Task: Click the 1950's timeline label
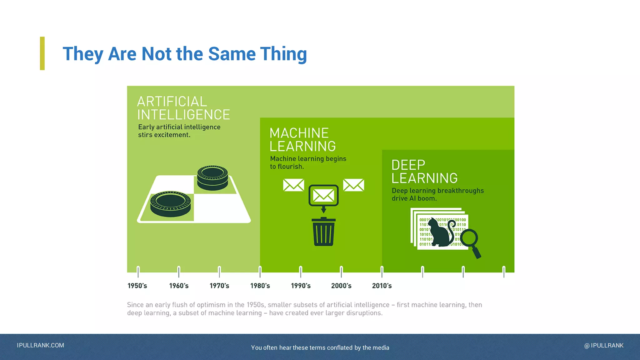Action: [137, 286]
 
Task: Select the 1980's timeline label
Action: [260, 286]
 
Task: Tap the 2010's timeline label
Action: [382, 286]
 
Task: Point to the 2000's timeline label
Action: [341, 286]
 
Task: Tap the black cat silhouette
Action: [439, 233]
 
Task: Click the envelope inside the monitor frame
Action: [323, 196]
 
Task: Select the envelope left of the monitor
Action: [293, 185]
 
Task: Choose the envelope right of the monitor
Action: [353, 185]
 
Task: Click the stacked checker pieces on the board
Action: [212, 178]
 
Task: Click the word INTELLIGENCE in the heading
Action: [183, 115]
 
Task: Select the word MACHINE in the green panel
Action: [299, 133]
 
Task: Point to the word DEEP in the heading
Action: [408, 165]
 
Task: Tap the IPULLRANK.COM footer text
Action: [40, 345]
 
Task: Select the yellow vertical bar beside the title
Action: [42, 53]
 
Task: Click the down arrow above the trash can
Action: [323, 210]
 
